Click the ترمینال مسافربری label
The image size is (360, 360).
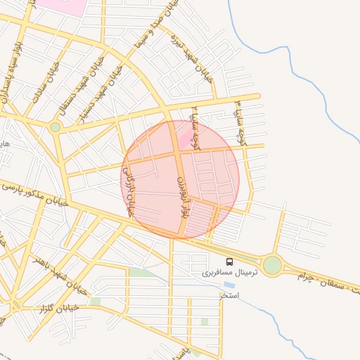tap(231, 272)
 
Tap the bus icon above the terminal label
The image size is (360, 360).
tap(230, 262)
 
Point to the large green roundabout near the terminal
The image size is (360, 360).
tap(272, 265)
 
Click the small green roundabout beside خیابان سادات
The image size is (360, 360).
tap(55, 127)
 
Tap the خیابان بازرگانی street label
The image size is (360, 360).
tap(129, 192)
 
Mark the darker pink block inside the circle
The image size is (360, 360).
tap(186, 137)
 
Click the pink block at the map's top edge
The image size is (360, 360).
tap(60, 6)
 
